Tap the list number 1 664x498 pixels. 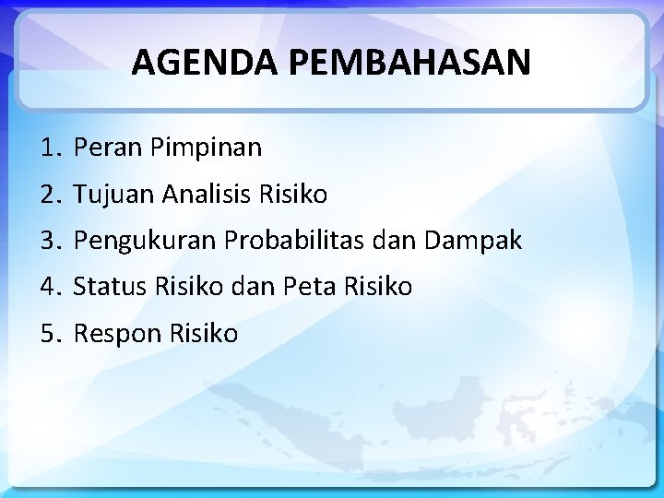(49, 148)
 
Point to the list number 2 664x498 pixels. (49, 195)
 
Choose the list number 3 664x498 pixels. (49, 242)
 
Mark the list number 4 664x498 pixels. (49, 287)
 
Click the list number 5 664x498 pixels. (49, 333)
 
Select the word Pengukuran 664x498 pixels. (146, 242)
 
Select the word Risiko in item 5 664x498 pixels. (204, 333)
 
